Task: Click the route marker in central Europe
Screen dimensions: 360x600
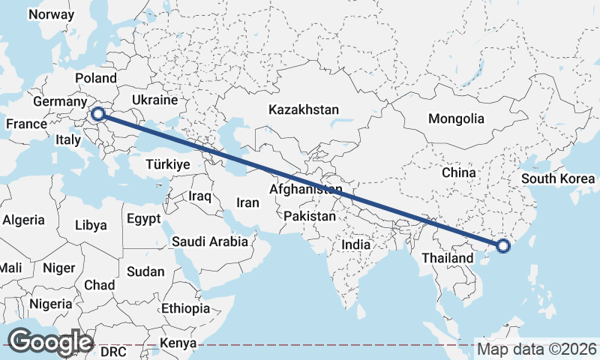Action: tap(97, 115)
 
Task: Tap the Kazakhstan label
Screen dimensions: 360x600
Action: tap(304, 109)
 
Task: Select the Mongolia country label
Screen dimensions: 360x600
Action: tap(456, 118)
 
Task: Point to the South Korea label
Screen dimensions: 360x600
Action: tap(558, 178)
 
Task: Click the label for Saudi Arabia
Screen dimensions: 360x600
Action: tap(209, 241)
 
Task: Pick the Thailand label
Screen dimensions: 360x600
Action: tap(448, 259)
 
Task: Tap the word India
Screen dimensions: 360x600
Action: tap(356, 244)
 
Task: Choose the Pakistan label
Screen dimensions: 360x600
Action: tap(310, 216)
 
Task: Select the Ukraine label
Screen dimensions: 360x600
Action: tap(154, 100)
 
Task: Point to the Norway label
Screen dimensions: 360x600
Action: tap(51, 14)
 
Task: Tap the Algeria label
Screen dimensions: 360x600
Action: tap(23, 220)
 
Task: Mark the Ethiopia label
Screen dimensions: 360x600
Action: tap(185, 308)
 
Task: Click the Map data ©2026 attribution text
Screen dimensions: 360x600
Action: tap(537, 349)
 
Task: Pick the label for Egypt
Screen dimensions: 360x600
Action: tap(144, 220)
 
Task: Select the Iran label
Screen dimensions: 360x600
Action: tap(247, 202)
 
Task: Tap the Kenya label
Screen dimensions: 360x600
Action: tap(178, 344)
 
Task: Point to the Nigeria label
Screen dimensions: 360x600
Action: tap(51, 304)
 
